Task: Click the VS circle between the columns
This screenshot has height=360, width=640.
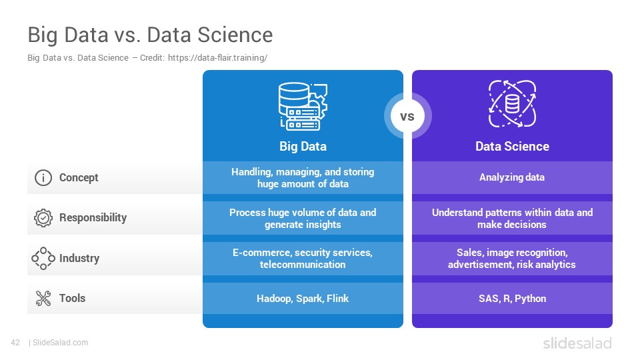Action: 407,116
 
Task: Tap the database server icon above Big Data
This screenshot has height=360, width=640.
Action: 303,106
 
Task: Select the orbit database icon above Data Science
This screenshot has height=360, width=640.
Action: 512,104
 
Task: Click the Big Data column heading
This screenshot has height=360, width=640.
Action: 303,147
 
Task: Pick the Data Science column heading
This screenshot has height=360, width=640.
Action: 512,147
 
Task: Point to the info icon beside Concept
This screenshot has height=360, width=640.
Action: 43,177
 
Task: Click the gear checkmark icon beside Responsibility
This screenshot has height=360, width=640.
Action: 43,217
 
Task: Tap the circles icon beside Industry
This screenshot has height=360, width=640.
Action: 43,259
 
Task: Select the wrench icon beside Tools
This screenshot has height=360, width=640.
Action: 43,299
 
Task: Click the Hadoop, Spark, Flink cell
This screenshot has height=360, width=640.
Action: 303,299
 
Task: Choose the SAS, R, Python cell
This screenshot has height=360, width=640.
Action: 512,299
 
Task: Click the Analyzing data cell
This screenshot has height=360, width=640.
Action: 512,177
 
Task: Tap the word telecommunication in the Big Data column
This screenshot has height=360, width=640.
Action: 303,265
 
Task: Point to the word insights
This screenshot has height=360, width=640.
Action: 323,225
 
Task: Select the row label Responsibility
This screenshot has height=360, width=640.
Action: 93,217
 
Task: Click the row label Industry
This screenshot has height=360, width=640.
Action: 79,259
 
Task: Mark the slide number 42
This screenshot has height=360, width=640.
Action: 15,343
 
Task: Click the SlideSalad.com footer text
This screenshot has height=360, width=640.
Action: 60,343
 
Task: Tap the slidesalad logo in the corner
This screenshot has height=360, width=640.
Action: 577,343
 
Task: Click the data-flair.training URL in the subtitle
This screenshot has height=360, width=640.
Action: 217,58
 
